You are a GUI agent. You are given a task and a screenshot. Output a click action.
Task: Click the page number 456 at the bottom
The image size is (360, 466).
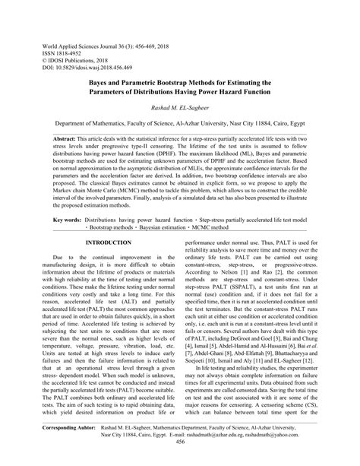(179, 461)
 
